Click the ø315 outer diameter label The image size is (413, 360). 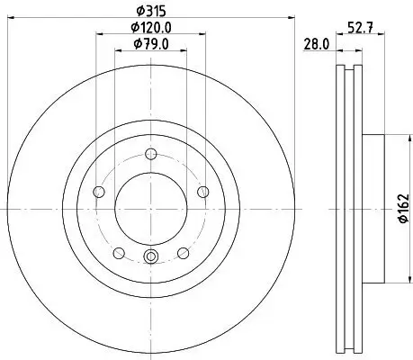pyautogui.click(x=150, y=10)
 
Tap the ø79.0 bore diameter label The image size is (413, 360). pyautogui.click(x=150, y=44)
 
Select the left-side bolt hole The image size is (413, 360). pyautogui.click(x=100, y=192)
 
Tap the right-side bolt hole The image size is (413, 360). pyautogui.click(x=202, y=192)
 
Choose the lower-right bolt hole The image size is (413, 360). pyautogui.click(x=183, y=252)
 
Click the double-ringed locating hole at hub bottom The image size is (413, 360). pyautogui.click(x=151, y=259)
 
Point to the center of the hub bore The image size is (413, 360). pyautogui.click(x=151, y=209)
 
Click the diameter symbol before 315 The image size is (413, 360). pyautogui.click(x=138, y=10)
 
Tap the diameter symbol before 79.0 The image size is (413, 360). pyautogui.click(x=137, y=44)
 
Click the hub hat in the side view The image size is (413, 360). pyautogui.click(x=373, y=209)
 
